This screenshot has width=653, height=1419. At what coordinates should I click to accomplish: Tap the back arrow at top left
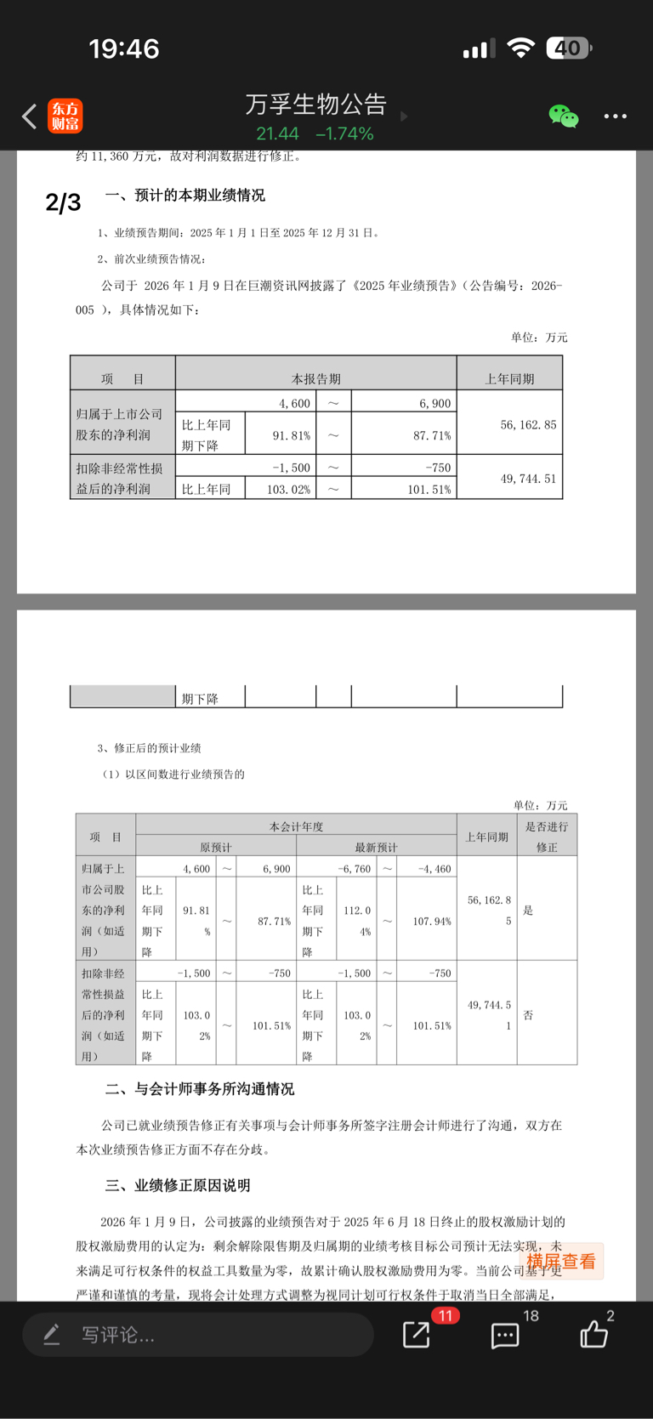30,116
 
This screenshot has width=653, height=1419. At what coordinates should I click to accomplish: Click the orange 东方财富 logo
65,116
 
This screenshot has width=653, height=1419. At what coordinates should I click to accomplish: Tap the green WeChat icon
563,116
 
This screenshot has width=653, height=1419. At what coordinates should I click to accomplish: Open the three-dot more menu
615,116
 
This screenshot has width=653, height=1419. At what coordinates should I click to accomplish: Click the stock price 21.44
277,133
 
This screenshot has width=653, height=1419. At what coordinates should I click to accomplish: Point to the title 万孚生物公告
315,105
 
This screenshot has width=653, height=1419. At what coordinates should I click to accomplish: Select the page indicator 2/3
63,202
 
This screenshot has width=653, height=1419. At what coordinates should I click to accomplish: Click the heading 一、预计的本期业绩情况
185,196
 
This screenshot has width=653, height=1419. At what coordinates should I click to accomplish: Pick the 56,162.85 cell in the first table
528,424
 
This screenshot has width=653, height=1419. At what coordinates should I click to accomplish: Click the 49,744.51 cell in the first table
528,479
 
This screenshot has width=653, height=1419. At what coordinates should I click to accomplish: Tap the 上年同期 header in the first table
509,378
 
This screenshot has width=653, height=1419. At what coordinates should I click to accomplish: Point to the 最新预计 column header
376,847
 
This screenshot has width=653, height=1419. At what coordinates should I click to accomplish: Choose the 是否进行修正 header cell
547,837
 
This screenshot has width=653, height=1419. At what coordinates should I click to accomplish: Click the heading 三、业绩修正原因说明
178,1185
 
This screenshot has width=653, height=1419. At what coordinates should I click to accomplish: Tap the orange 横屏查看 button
561,1262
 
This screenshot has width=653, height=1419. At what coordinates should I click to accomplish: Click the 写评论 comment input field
197,1335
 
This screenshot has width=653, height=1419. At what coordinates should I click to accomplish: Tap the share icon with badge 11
417,1334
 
